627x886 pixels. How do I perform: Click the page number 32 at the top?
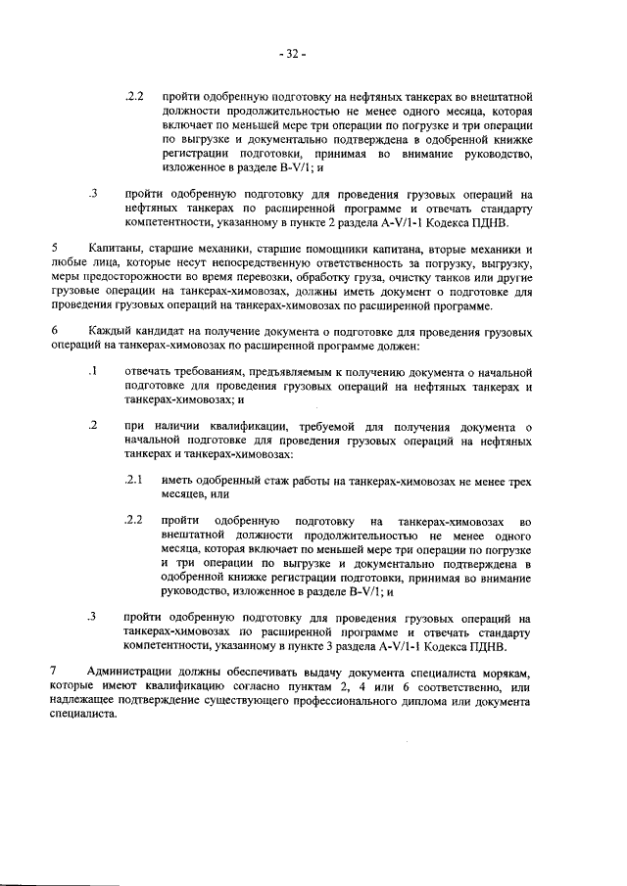coord(292,53)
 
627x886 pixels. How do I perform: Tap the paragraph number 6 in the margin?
coord(55,332)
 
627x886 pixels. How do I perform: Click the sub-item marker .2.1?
coord(134,480)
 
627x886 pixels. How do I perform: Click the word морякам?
coord(510,671)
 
